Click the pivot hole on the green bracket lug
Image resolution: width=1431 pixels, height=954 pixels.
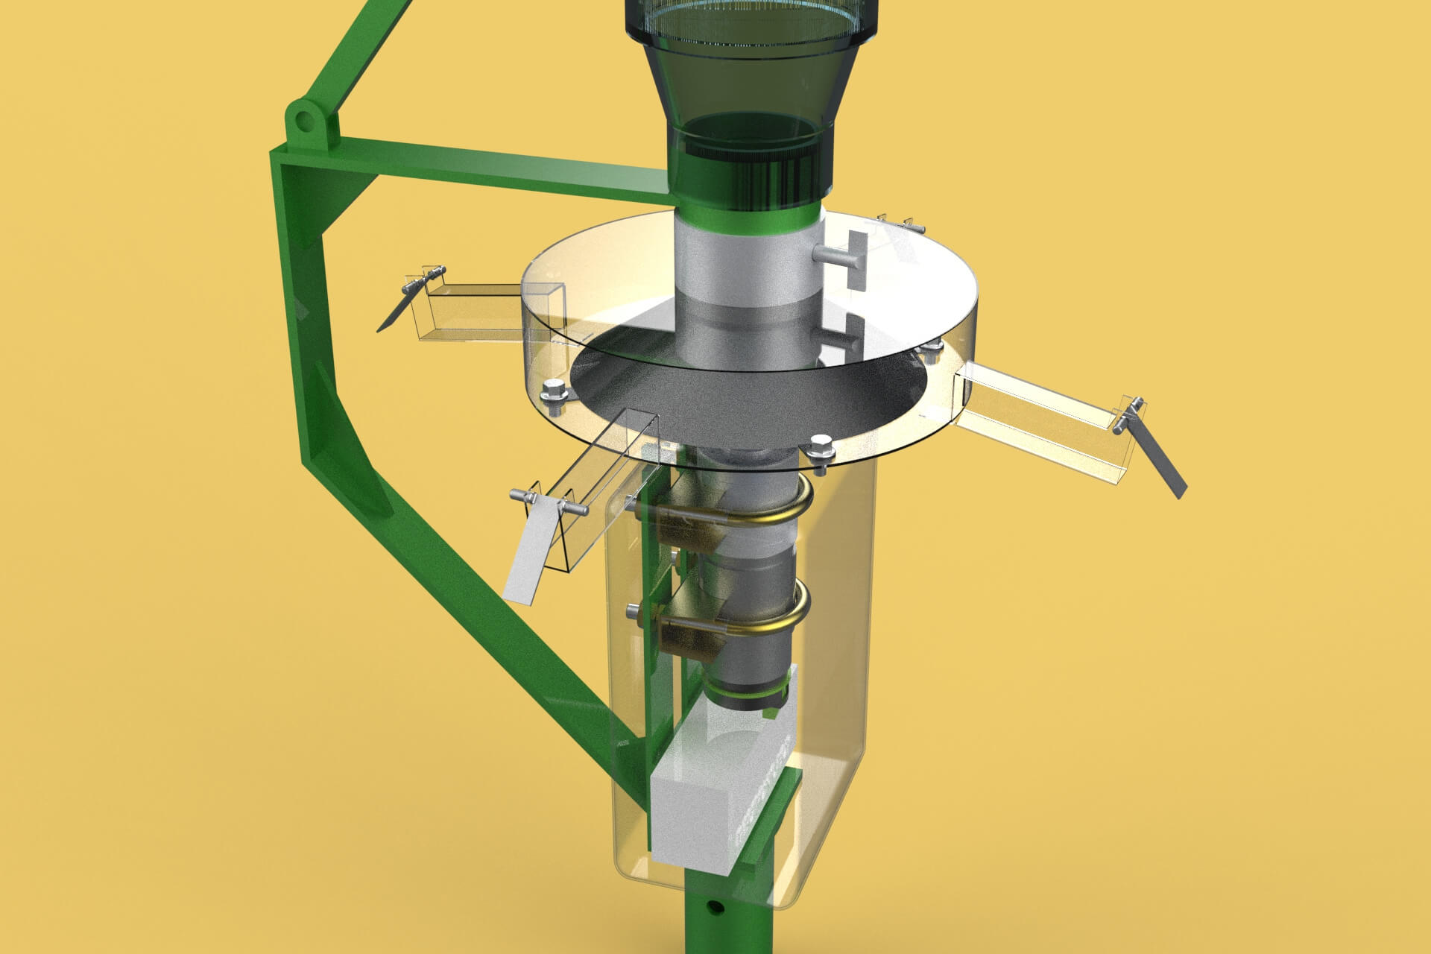pyautogui.click(x=303, y=121)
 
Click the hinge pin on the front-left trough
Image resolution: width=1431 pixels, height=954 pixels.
pyautogui.click(x=548, y=500)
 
